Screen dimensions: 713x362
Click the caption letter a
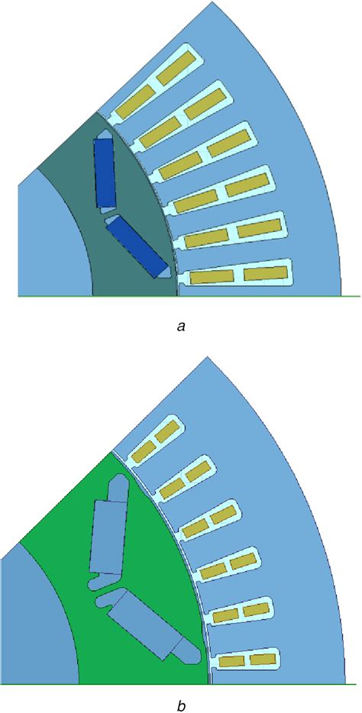coord(180,327)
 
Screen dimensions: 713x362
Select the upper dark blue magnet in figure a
coord(103,173)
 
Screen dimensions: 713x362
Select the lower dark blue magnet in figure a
coord(137,245)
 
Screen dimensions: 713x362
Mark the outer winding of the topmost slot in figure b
coord(166,431)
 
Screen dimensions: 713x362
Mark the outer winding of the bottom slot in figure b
coord(262,658)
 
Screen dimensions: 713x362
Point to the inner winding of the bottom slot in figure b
coord(231,661)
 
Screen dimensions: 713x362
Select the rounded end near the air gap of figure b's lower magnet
coord(188,650)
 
